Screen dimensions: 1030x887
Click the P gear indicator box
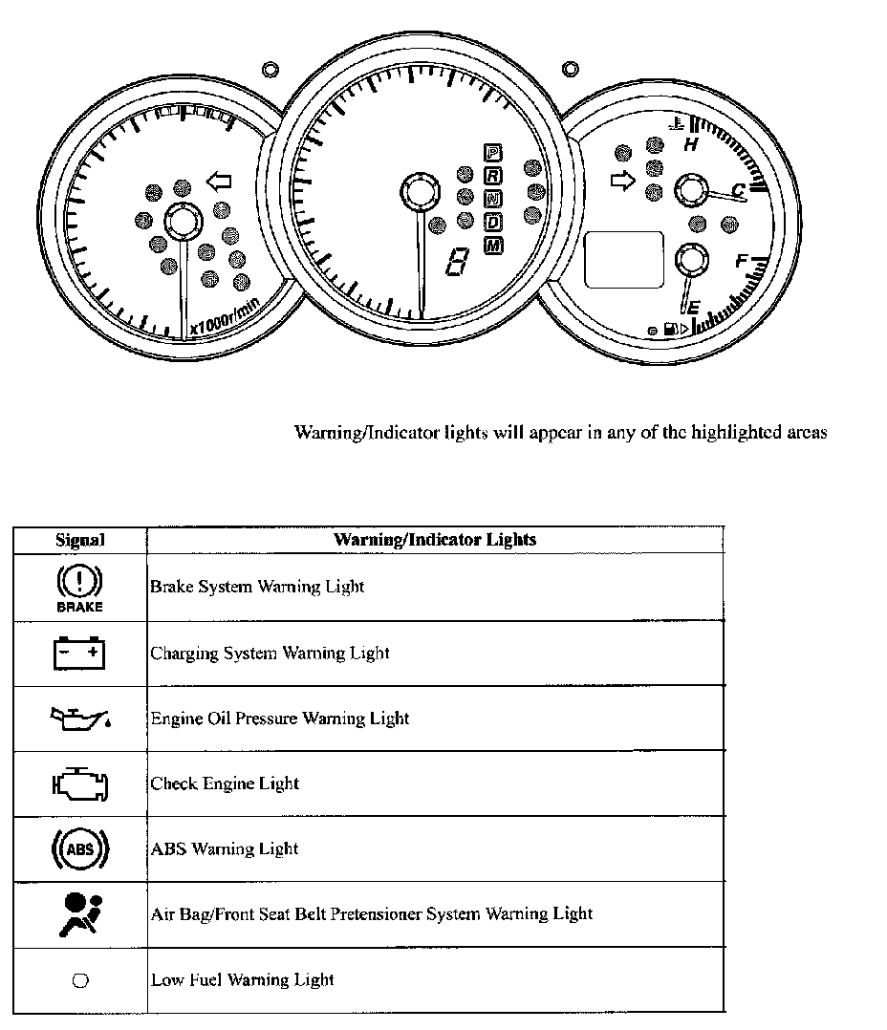(x=493, y=152)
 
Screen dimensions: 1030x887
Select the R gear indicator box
(x=493, y=175)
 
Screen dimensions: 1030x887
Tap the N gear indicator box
(x=493, y=199)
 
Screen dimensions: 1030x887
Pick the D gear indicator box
(x=493, y=223)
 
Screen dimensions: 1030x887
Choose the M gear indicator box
(x=493, y=247)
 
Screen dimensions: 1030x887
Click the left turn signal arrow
(x=219, y=181)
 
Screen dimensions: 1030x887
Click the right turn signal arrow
(x=622, y=181)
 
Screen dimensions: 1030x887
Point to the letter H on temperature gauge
(x=691, y=146)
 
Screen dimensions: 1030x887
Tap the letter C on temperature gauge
(x=738, y=191)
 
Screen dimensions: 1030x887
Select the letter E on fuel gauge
(x=693, y=308)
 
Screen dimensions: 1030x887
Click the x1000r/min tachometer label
(x=225, y=316)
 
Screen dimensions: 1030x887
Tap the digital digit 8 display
(x=459, y=261)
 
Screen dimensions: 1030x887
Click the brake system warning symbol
(x=80, y=587)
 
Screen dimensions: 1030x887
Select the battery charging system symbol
(x=79, y=654)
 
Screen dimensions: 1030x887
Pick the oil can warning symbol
(x=80, y=718)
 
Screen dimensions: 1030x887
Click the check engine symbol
(x=80, y=784)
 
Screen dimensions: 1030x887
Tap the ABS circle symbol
(x=80, y=848)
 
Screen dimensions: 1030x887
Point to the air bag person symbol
(x=80, y=913)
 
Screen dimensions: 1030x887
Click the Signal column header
(x=80, y=540)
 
